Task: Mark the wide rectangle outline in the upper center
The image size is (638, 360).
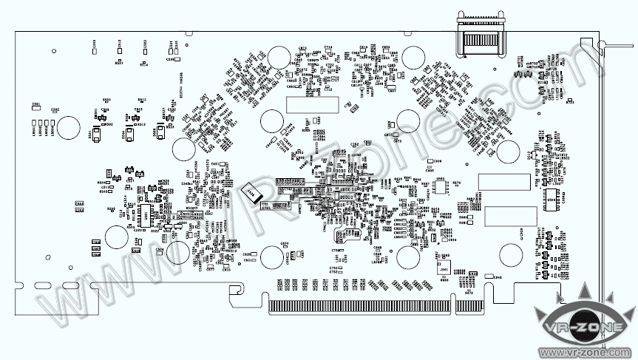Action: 313,104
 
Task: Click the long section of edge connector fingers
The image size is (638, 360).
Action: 358,305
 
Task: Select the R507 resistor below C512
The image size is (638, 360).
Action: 120,61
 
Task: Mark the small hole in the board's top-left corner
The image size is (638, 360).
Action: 54,50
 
